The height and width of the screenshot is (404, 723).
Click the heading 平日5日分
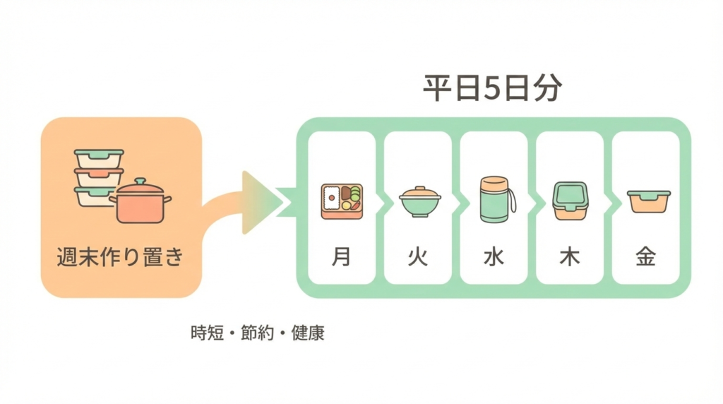(x=493, y=90)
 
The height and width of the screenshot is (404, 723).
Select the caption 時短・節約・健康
(x=258, y=333)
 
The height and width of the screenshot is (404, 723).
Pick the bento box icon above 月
(x=342, y=201)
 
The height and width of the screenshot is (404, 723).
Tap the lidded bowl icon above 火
(x=419, y=201)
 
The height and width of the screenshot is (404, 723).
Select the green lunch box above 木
(x=570, y=201)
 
